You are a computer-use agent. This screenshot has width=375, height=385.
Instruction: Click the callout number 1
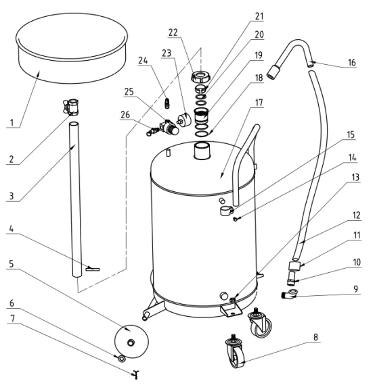pos(12,122)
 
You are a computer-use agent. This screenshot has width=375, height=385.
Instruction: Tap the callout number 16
pos(351,63)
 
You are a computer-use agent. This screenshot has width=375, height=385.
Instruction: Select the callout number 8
pos(316,337)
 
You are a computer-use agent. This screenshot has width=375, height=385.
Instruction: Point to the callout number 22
pos(173,32)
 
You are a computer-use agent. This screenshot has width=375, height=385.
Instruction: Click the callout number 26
pos(125,115)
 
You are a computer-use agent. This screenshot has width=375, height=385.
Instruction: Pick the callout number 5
pos(11,263)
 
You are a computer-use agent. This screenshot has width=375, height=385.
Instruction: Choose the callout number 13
pos(355,177)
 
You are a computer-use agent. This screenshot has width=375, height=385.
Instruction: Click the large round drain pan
pos(72,48)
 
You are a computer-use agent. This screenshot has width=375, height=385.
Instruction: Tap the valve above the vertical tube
pos(71,107)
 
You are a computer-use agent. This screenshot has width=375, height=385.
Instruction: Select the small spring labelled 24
pos(167,103)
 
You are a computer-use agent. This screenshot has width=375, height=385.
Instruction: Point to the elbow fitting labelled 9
pos(289,294)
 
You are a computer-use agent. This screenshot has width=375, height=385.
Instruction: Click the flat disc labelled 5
pos(131,342)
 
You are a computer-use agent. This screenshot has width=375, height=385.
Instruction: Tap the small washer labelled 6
pos(122,359)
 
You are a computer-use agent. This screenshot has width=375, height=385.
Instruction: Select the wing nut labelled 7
pos(135,374)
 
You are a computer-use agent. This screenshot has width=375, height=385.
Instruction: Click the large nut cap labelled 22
pos(200,76)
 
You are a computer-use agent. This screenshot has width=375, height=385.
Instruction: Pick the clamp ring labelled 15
pos(226,211)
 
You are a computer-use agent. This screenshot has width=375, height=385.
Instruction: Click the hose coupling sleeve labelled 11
pos(294,266)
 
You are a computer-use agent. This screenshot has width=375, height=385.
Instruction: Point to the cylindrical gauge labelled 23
pos(183,119)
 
